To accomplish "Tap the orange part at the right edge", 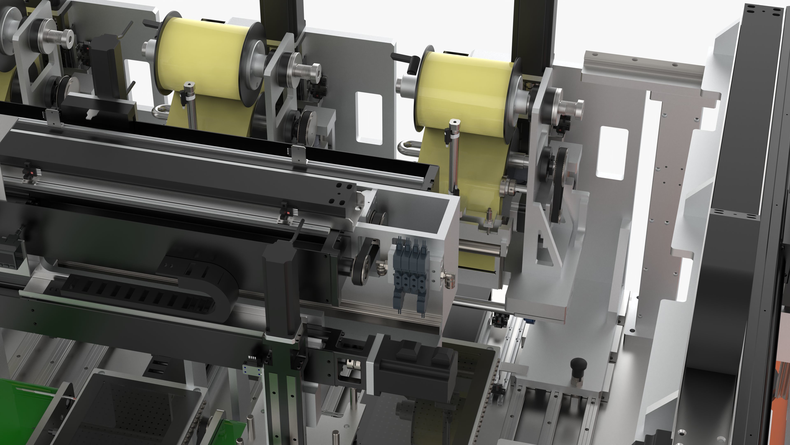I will pyautogui.click(x=784, y=381).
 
